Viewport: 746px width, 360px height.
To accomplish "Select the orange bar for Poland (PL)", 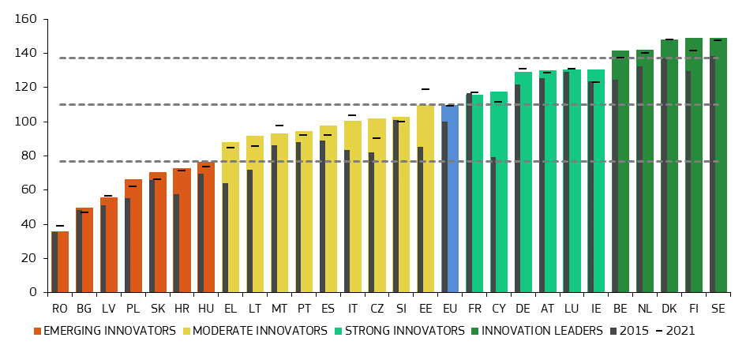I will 135,237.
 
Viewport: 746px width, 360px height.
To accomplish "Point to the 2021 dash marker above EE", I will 425,89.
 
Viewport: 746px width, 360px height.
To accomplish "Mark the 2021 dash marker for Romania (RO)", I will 60,226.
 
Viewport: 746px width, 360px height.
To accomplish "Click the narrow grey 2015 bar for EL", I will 225,238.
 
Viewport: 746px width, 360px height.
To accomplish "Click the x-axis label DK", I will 669,308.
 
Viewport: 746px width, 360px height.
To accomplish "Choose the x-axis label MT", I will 279,308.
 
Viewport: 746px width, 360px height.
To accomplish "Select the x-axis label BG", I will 84,308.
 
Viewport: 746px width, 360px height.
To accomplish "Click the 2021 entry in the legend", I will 680,331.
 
